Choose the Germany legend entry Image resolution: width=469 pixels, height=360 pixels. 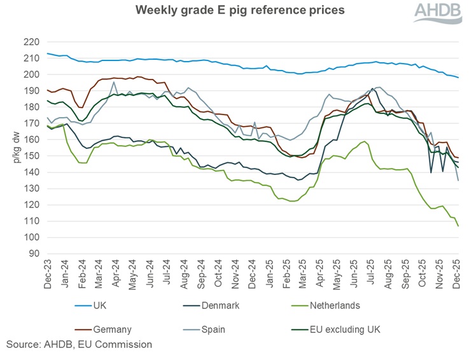click(x=111, y=329)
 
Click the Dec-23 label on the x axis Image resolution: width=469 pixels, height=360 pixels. click(x=48, y=273)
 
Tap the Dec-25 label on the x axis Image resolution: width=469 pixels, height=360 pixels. click(x=456, y=273)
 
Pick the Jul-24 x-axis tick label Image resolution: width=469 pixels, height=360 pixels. click(x=167, y=273)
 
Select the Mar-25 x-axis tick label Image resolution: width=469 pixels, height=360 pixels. click(x=303, y=273)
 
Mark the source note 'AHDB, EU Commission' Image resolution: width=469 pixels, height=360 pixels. click(x=79, y=345)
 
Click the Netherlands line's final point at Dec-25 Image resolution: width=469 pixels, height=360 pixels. click(x=458, y=226)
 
